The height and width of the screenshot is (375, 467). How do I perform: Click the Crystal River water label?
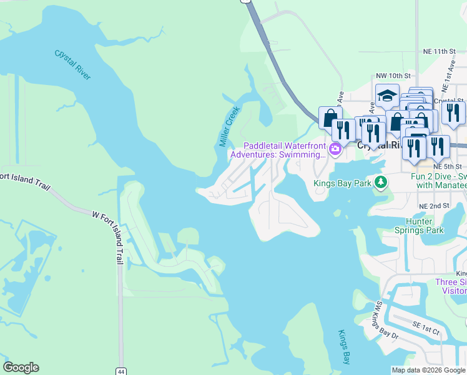point(72,64)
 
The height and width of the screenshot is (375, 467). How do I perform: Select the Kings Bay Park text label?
point(342,183)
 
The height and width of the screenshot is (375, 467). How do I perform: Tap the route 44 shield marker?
point(120,371)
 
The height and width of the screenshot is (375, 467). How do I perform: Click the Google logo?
point(21,367)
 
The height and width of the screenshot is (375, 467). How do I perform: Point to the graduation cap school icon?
point(387,96)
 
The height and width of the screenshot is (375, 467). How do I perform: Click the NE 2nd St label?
point(435,206)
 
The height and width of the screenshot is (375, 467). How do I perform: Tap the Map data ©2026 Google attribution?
point(428,370)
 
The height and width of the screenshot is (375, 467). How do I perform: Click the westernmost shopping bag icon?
point(330,117)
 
